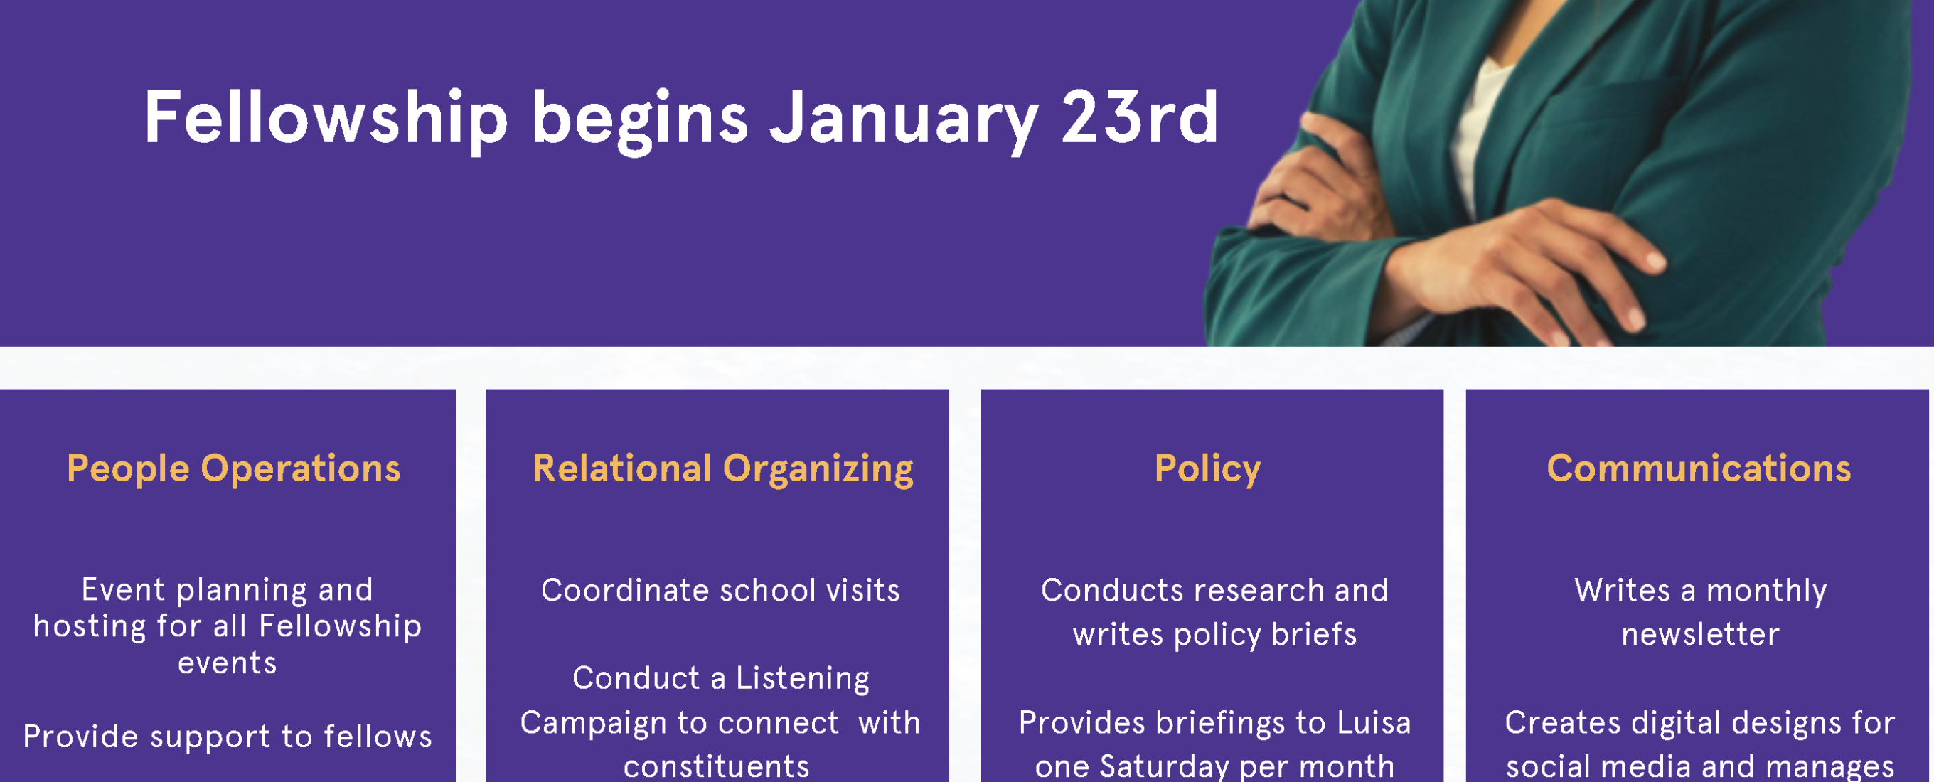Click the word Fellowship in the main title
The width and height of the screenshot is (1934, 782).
(326, 119)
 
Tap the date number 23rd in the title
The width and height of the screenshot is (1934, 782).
(1140, 117)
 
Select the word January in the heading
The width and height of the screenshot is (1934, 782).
(904, 121)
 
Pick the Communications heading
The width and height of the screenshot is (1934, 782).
(1698, 468)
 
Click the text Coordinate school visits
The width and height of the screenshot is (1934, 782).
(720, 591)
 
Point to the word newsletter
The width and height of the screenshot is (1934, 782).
(1700, 635)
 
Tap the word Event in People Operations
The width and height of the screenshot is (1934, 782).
(123, 590)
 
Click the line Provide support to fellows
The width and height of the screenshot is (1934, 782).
(228, 737)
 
